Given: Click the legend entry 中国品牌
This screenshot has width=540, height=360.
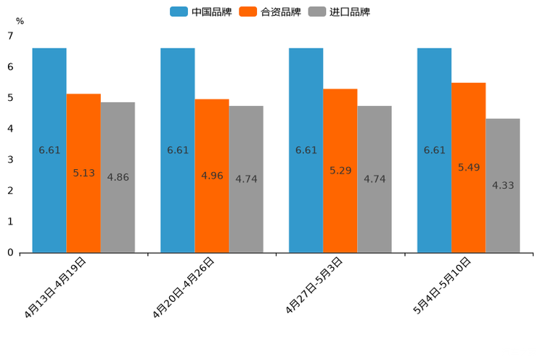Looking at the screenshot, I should [199, 12].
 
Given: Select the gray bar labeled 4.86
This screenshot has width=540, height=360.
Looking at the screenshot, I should [118, 177].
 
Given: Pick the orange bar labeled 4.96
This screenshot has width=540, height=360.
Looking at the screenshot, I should [212, 176].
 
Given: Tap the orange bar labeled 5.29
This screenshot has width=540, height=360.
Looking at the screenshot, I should [340, 171].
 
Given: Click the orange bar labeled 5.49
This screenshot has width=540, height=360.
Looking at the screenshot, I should [468, 168].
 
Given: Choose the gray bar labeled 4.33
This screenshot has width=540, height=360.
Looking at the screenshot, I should [502, 185].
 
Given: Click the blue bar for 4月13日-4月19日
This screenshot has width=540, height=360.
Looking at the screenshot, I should [49, 150].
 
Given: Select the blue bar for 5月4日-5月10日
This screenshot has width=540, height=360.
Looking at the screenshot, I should [434, 150].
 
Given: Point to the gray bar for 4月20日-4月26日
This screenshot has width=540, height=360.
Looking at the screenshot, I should [246, 179].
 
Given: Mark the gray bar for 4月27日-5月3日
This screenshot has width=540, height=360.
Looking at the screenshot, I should [375, 179].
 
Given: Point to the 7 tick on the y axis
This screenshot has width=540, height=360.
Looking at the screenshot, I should [10, 36].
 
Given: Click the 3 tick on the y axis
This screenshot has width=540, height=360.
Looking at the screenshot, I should [10, 160].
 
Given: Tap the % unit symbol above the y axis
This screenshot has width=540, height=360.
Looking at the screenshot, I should [20, 22].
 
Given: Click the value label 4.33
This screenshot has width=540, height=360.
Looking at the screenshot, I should [502, 185].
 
